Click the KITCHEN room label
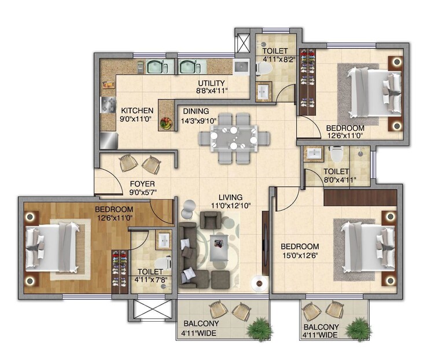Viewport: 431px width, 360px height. pyautogui.click(x=137, y=111)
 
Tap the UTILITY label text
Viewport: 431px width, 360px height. pyautogui.click(x=211, y=83)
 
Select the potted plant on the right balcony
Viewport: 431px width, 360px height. pyautogui.click(x=357, y=328)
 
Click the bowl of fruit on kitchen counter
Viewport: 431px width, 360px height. pyautogui.click(x=166, y=123)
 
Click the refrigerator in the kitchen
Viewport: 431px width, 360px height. pyautogui.click(x=108, y=139)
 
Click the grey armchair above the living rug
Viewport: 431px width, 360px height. pyautogui.click(x=209, y=220)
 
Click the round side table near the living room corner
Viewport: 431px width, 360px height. pyautogui.click(x=258, y=283)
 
